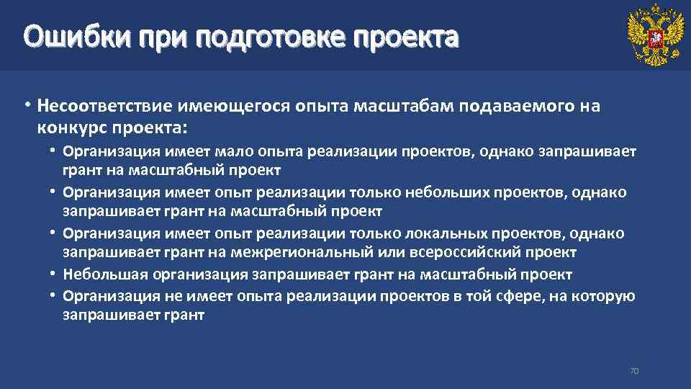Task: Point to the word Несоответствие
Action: coord(106,107)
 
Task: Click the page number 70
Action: coord(634,371)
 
